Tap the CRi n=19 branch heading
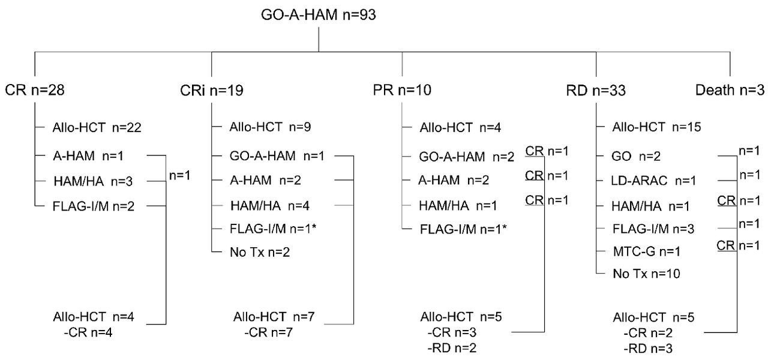tap(211, 91)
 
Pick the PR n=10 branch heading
tap(401, 91)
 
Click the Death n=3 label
tap(729, 91)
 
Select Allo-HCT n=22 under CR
tap(97, 127)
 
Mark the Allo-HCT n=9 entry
tap(270, 127)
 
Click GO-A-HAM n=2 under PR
tap(467, 157)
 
